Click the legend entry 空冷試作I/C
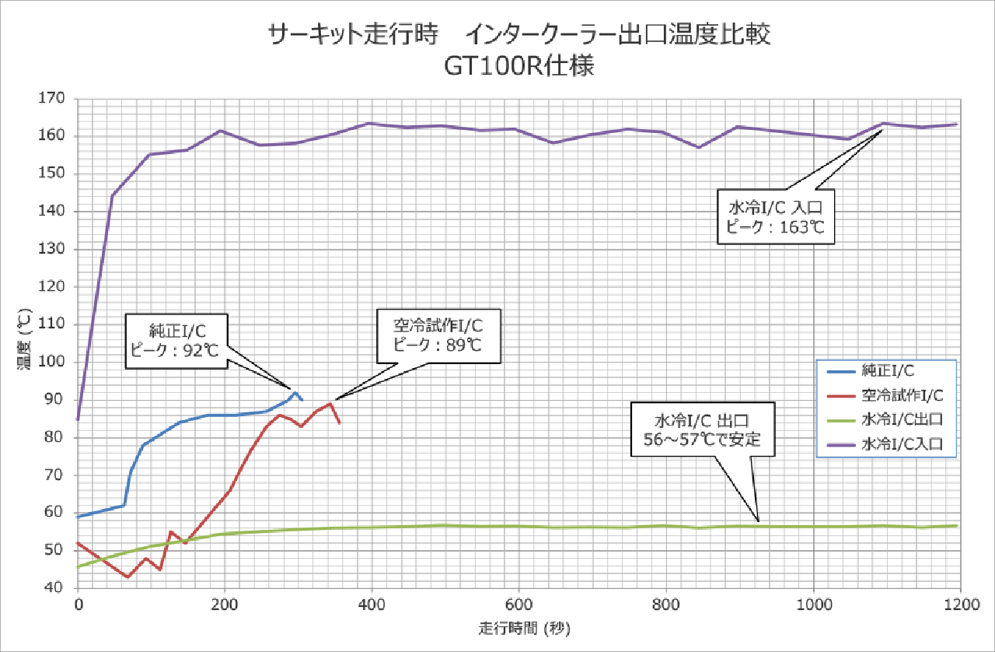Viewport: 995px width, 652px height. [x=902, y=394]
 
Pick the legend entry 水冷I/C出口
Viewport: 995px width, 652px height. [x=902, y=419]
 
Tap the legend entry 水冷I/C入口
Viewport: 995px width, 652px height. [x=902, y=445]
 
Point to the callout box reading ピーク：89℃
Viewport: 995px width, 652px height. [x=438, y=335]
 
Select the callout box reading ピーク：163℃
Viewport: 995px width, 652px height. [x=775, y=217]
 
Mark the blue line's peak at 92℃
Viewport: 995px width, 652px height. [x=295, y=393]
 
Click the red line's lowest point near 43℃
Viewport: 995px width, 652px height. [x=127, y=577]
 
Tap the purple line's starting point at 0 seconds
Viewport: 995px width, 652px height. [x=78, y=419]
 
